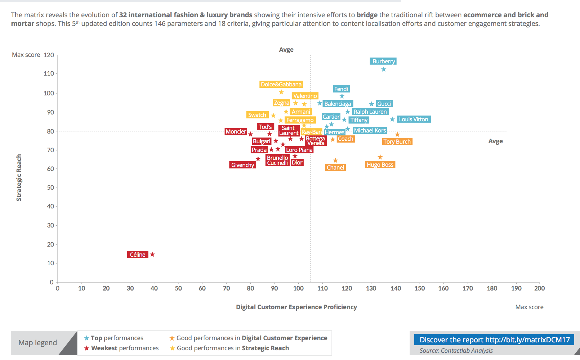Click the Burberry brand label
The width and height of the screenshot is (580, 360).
383,61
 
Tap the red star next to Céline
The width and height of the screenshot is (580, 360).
152,255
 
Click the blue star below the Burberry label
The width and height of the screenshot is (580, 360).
384,69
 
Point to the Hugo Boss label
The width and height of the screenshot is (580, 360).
380,165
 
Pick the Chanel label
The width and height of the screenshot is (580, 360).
335,167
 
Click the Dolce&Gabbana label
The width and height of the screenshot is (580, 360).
281,84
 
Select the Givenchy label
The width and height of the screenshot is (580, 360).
242,165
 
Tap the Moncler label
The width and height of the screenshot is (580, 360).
236,131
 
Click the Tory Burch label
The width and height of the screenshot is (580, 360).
397,141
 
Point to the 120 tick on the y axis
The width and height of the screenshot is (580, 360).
49,55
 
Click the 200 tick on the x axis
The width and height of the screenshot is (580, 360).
539,288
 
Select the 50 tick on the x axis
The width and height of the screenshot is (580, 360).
178,288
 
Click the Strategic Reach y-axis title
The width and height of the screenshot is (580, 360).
19,177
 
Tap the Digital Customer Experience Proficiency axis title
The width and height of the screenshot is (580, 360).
296,307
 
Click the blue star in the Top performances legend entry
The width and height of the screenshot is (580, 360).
87,338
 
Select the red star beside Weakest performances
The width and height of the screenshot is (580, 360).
87,348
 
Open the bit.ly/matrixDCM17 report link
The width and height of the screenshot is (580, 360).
495,340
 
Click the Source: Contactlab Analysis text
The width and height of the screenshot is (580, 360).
456,351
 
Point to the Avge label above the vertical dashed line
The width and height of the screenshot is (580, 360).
286,50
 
